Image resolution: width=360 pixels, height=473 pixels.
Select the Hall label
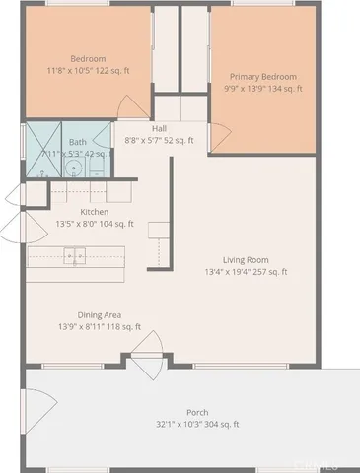click(x=159, y=128)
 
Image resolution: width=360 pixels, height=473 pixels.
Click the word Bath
click(x=78, y=142)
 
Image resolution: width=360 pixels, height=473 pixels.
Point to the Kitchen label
click(x=94, y=212)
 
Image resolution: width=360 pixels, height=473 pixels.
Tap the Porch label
click(x=197, y=412)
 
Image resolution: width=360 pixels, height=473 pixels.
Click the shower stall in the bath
click(x=42, y=151)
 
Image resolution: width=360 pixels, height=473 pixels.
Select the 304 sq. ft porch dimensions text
click(x=197, y=424)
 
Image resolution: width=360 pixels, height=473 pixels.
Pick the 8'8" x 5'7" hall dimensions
click(x=159, y=140)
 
